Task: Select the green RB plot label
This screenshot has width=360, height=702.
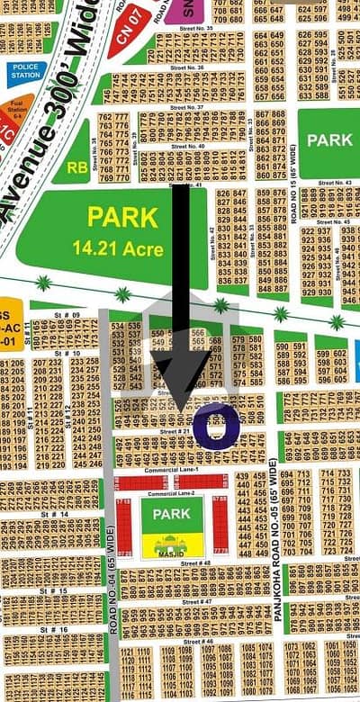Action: coord(76,166)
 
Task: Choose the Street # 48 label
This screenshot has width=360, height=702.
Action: coord(194,562)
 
